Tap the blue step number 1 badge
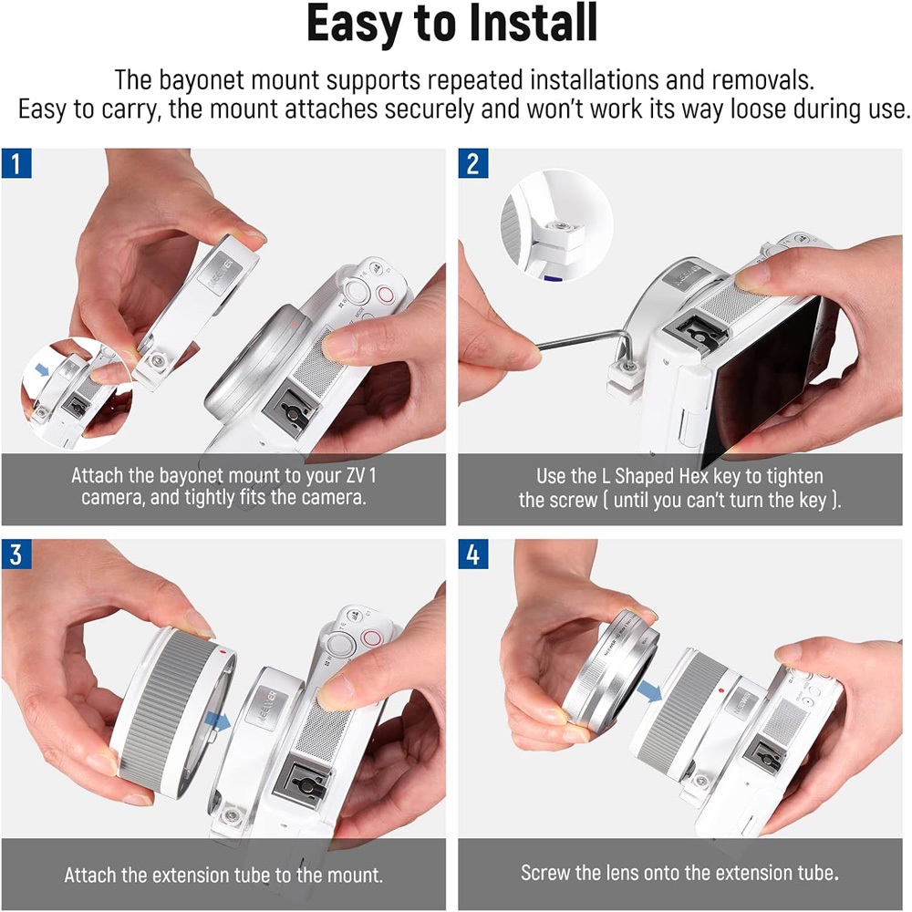coord(16,163)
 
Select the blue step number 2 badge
coord(472,163)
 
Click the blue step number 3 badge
coord(16,554)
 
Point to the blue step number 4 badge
coord(472,554)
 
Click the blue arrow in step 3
coord(218,721)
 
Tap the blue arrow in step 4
coord(649,690)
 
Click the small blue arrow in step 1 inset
coord(42,369)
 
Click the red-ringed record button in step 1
coord(385,294)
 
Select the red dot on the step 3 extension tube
coord(224,652)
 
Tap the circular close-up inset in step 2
coord(556,225)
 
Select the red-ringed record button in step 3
coord(371,638)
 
